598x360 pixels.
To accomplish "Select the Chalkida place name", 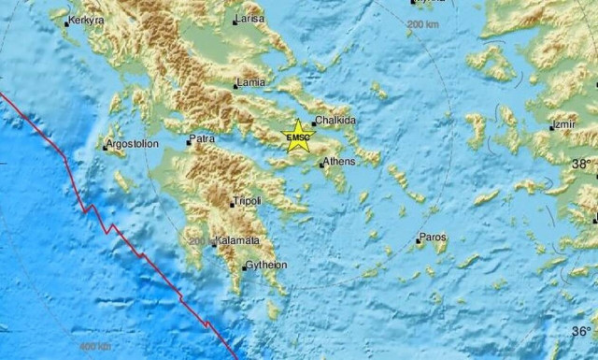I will pos(335,121).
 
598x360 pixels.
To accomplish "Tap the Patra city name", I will pos(202,139).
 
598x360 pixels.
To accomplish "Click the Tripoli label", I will pos(248,201).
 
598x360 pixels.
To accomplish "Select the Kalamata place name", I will pos(237,241).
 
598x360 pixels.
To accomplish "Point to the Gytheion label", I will pos(266,266).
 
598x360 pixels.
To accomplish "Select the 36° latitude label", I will pos(581,331).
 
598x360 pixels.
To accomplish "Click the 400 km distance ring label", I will pos(93,348).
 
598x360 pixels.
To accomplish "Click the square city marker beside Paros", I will pos(418,241).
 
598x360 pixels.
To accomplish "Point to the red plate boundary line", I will pos(112,230).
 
